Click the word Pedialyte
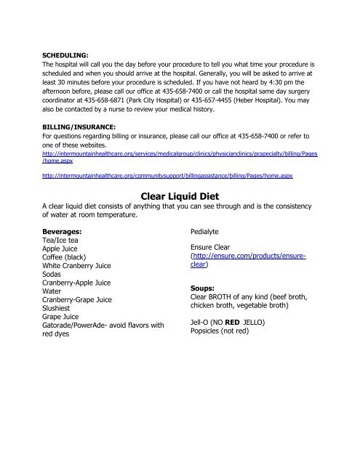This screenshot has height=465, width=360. [x=207, y=232]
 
